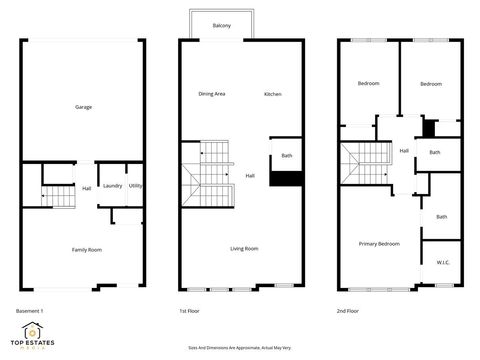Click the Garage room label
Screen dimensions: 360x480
83,106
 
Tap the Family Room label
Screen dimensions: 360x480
86,249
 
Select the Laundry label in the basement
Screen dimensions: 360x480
112,185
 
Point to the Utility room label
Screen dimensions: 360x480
135,185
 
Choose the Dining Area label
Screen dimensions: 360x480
212,94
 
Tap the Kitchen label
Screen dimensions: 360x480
273,94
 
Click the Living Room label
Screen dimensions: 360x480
244,248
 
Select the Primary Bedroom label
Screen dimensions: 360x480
380,244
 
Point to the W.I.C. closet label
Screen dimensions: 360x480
443,262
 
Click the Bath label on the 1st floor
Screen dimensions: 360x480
287,156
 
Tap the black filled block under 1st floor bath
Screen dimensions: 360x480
287,178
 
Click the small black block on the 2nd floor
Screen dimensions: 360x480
429,127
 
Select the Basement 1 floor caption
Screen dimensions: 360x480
30,311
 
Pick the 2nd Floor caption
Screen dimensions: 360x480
349,311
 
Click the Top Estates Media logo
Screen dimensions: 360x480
34,336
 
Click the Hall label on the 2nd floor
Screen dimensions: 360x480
404,151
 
